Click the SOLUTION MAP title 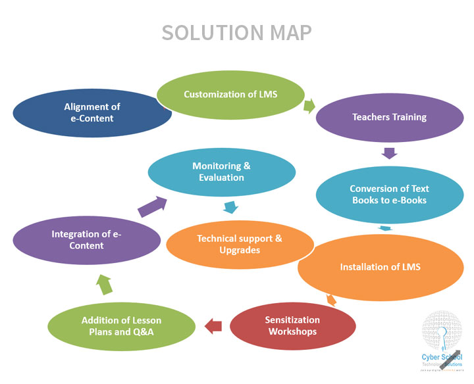237,32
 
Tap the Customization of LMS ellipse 230,95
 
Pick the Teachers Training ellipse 389,118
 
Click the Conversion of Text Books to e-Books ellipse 388,195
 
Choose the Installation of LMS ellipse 380,268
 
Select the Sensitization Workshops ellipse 292,325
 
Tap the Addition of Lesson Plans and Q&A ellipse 121,326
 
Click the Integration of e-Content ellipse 86,239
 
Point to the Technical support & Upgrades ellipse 240,244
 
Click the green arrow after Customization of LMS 309,106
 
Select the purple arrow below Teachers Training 390,154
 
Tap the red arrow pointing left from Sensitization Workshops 213,325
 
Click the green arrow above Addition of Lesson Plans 105,285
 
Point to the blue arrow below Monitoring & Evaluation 230,208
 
